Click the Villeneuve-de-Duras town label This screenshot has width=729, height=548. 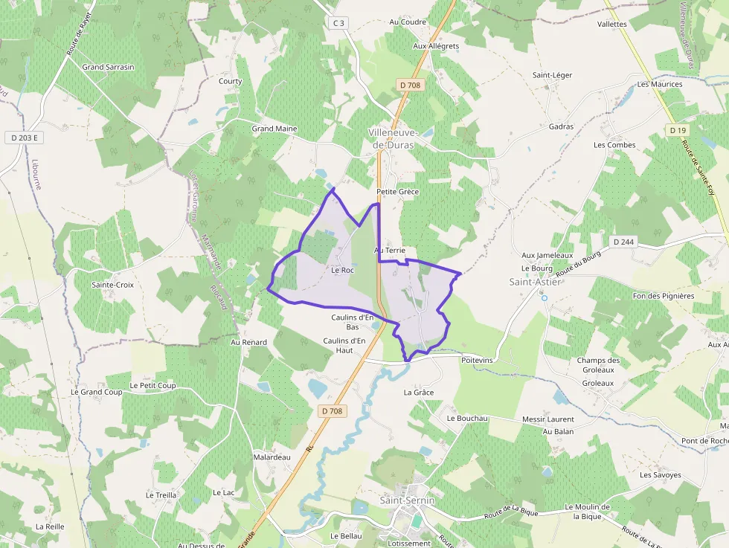pos(393,138)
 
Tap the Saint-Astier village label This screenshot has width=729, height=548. pos(535,282)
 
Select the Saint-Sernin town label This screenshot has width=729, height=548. pos(407,500)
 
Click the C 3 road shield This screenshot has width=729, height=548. pos(338,23)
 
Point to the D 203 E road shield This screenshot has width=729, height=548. pos(25,138)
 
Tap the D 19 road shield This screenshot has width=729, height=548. pos(677,130)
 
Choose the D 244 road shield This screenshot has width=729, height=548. pos(623,242)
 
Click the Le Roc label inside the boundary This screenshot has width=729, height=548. pos(342,270)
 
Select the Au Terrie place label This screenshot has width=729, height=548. pos(390,251)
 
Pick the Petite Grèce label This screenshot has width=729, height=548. pos(398,192)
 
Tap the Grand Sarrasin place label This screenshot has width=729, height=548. pos(109,67)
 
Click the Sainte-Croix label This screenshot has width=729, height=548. pos(112,285)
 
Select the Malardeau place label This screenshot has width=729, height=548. pos(272,457)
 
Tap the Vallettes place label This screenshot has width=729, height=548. pos(611,24)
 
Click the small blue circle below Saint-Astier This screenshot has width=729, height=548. pos(544,298)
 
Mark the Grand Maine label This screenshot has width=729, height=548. pos(274,129)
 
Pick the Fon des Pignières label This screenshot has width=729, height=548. pos(663,296)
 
